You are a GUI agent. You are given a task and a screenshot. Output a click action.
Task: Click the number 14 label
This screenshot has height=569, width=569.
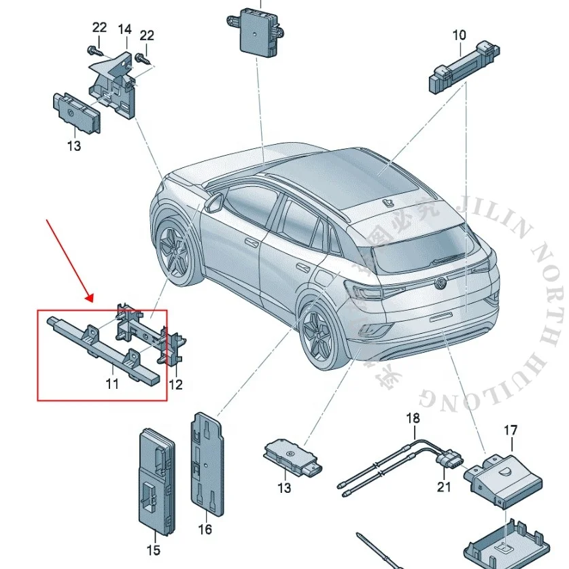point(124,29)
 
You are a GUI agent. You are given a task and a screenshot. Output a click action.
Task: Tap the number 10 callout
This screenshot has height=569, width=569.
point(460,34)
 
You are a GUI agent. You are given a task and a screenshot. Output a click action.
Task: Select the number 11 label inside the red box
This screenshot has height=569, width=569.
point(111,384)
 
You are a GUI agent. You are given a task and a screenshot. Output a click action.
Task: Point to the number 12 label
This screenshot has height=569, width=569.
point(175,385)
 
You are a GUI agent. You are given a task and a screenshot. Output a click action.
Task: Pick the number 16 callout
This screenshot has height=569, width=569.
point(205,529)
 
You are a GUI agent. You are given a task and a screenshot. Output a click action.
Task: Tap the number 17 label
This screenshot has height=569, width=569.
point(510,430)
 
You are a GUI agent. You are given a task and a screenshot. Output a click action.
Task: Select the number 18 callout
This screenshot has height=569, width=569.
point(413,418)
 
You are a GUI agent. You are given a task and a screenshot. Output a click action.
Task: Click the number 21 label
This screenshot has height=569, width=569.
point(444,486)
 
